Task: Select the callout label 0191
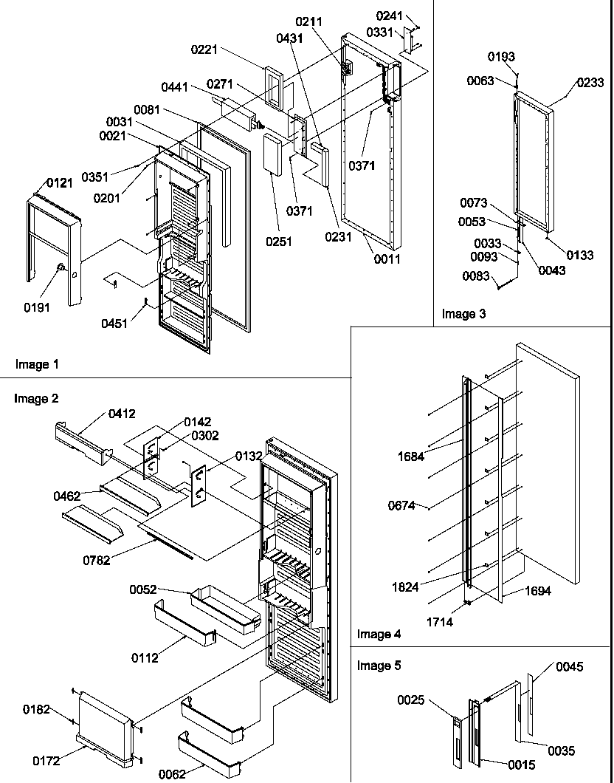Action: click(x=37, y=307)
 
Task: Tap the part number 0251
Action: click(x=280, y=242)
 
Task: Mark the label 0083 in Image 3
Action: click(x=475, y=276)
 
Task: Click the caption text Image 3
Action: click(x=463, y=314)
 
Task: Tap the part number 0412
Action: click(x=122, y=414)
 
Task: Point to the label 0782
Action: click(x=97, y=560)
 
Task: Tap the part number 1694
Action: click(x=539, y=591)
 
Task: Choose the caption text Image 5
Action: click(x=379, y=666)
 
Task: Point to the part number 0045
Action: click(x=569, y=667)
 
